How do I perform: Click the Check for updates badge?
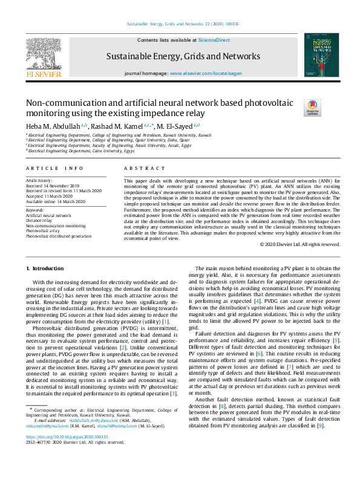pos(313,108)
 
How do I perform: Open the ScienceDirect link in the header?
pos(214,40)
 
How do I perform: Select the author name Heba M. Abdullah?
pos(53,126)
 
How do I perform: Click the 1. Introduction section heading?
pos(46,268)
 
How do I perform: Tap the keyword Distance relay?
pos(39,220)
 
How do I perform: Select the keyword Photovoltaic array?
pos(42,230)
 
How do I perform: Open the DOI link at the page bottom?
pos(67,436)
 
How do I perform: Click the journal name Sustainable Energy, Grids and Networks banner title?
pos(183,56)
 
